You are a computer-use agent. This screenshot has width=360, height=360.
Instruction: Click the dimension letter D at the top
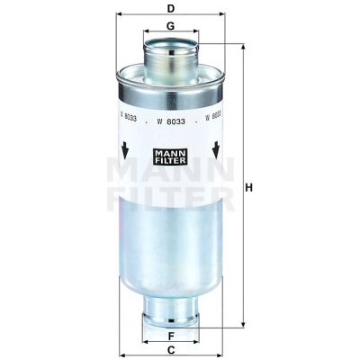point(170,9)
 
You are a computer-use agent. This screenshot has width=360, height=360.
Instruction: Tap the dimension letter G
point(170,27)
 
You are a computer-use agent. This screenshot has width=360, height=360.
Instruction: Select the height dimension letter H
point(252,187)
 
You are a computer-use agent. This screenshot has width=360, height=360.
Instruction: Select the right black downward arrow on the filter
point(217,148)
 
